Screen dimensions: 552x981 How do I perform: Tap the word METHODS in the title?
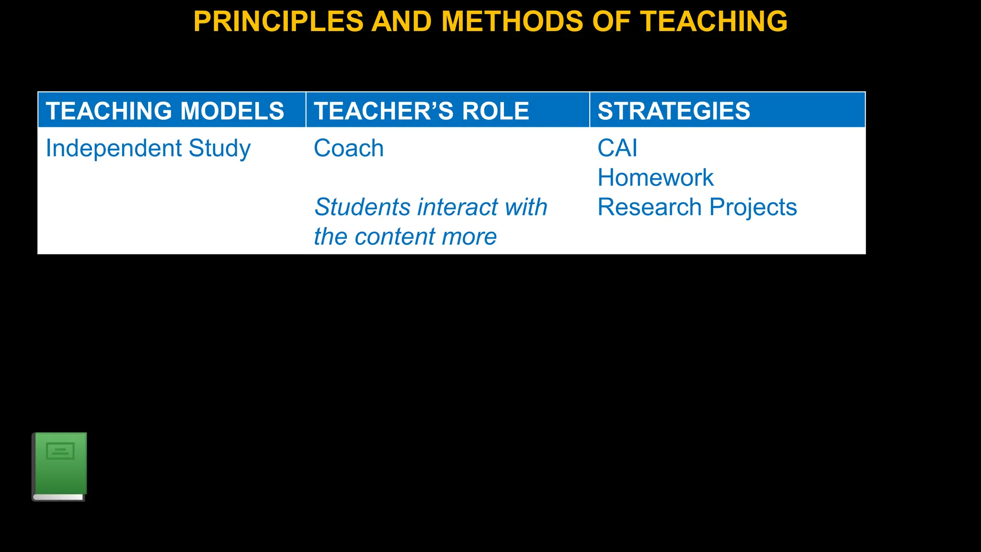512,22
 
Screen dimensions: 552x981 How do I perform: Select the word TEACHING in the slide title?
714,22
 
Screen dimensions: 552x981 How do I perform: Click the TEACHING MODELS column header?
165,111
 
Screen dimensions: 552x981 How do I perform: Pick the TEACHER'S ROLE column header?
421,111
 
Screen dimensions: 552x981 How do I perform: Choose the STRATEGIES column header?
673,111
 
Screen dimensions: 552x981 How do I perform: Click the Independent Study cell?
148,149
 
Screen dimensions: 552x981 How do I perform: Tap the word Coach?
348,149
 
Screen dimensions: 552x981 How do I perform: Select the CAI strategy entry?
617,148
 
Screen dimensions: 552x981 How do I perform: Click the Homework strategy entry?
655,178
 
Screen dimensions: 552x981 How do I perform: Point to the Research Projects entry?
697,207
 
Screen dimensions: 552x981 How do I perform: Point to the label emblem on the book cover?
60,451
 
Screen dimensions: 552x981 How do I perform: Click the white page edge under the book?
58,497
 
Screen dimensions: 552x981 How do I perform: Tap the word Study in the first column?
219,149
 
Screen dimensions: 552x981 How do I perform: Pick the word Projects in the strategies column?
753,207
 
